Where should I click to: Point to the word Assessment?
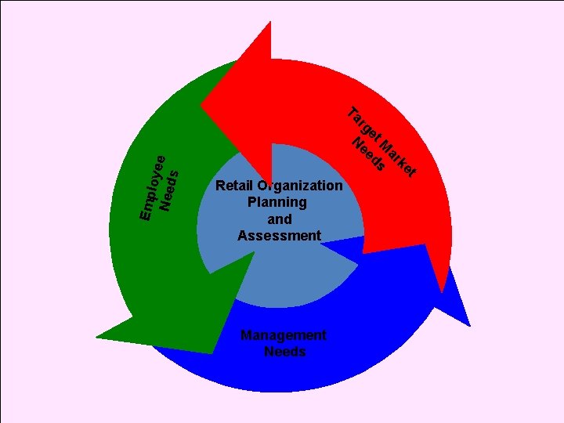tap(279, 236)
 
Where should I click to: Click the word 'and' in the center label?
tap(279, 219)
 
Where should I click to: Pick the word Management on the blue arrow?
tap(283, 335)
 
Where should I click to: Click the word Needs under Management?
tap(284, 352)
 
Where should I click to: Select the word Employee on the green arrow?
tap(151, 187)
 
